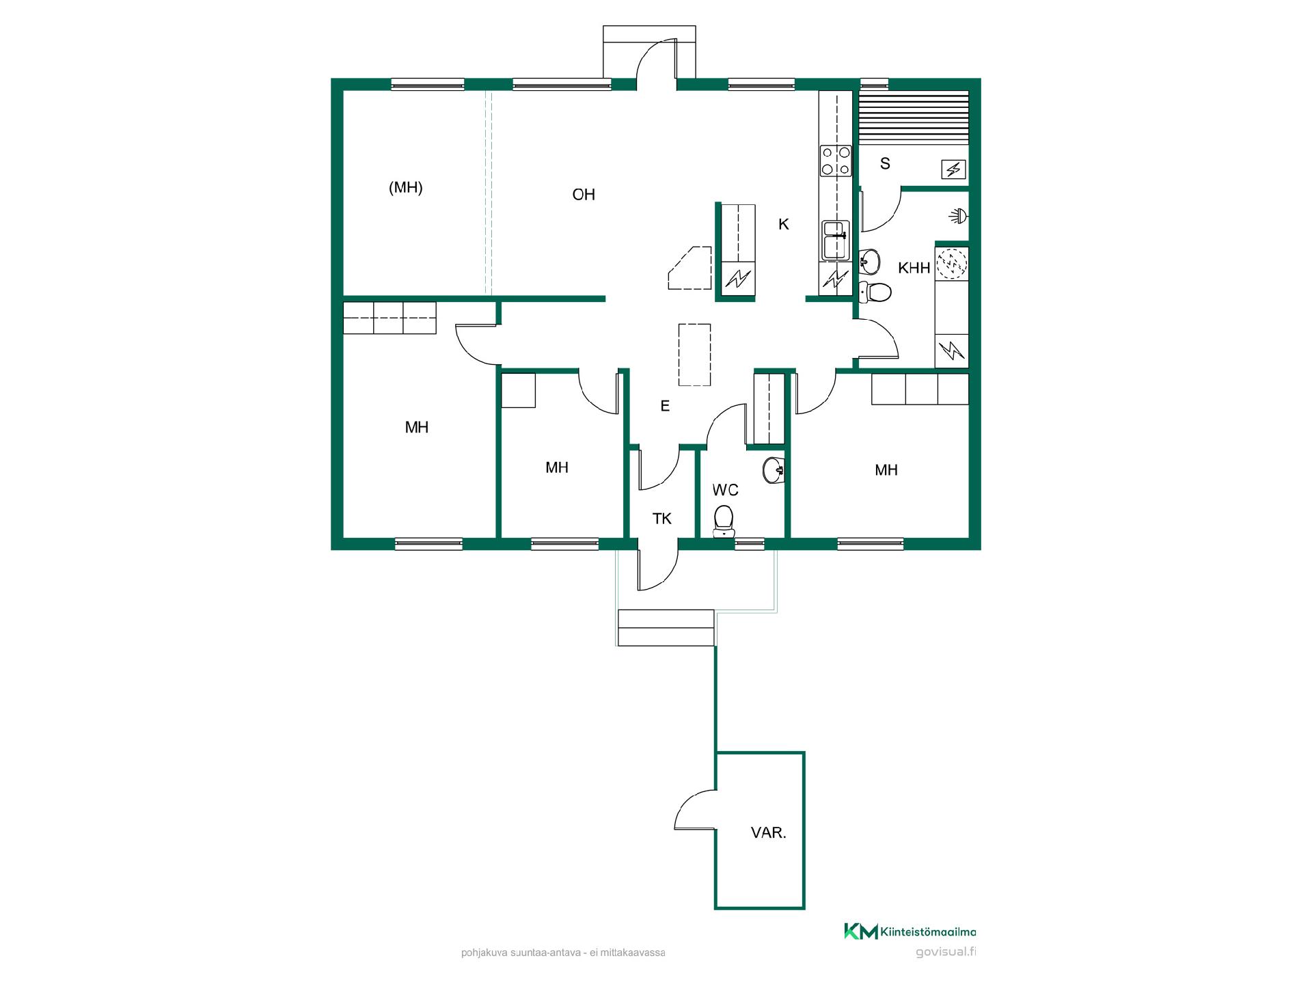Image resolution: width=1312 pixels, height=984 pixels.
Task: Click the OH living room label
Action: tap(584, 195)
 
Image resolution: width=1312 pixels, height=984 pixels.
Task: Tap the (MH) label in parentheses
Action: tap(406, 187)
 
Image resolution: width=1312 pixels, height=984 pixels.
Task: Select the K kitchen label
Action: tap(784, 224)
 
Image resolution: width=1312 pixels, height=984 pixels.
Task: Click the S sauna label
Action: tap(885, 163)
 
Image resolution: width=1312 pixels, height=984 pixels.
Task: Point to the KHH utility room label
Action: tap(914, 268)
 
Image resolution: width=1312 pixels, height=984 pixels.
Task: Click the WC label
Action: tap(725, 490)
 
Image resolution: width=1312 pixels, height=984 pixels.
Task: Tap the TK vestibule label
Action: tap(662, 519)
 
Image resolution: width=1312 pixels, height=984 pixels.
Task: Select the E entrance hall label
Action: tap(665, 406)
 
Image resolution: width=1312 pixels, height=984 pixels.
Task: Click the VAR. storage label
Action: tap(769, 833)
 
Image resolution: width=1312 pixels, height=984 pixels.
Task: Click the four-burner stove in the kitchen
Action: tap(836, 161)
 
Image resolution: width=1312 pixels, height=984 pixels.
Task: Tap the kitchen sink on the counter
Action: tap(835, 241)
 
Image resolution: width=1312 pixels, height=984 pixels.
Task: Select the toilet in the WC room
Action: tap(723, 521)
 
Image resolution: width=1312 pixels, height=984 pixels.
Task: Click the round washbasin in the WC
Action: tap(774, 469)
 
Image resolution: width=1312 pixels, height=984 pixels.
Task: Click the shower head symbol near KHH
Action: tap(959, 217)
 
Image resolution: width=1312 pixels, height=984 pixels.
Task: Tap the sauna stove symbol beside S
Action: tap(953, 169)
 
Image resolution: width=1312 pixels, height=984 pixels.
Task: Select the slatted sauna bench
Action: tap(913, 118)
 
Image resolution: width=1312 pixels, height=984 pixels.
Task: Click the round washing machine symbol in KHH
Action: tap(951, 264)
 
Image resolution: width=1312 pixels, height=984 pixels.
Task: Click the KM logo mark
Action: tap(860, 931)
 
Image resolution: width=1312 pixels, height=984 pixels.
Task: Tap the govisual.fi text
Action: tap(946, 953)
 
